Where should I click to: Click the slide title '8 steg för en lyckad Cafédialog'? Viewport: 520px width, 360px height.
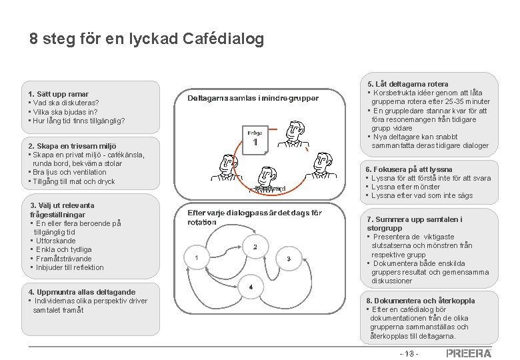pyautogui.click(x=147, y=39)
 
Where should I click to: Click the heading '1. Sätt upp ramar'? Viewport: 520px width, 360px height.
pyautogui.click(x=59, y=94)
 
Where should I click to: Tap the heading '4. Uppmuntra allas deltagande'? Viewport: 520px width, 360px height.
pyautogui.click(x=82, y=292)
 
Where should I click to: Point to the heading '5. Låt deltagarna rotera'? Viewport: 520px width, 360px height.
pyautogui.click(x=408, y=83)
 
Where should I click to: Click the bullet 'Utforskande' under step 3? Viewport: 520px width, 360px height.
pyautogui.click(x=56, y=241)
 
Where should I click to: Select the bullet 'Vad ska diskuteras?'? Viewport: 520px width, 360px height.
pyautogui.click(x=65, y=103)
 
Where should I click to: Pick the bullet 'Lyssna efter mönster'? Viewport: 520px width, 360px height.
pyautogui.click(x=415, y=187)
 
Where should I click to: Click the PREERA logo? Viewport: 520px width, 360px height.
pyautogui.click(x=469, y=353)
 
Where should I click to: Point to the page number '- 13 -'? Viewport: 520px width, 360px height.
pyautogui.click(x=408, y=353)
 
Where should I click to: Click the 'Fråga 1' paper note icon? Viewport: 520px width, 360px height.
pyautogui.click(x=255, y=141)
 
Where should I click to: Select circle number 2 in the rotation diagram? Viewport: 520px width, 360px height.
pyautogui.click(x=255, y=247)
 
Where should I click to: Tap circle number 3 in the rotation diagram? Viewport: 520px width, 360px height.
pyautogui.click(x=289, y=258)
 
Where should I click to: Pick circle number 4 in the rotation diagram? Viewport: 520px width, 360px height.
pyautogui.click(x=250, y=287)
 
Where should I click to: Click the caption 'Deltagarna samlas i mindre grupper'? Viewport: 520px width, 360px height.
pyautogui.click(x=253, y=98)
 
